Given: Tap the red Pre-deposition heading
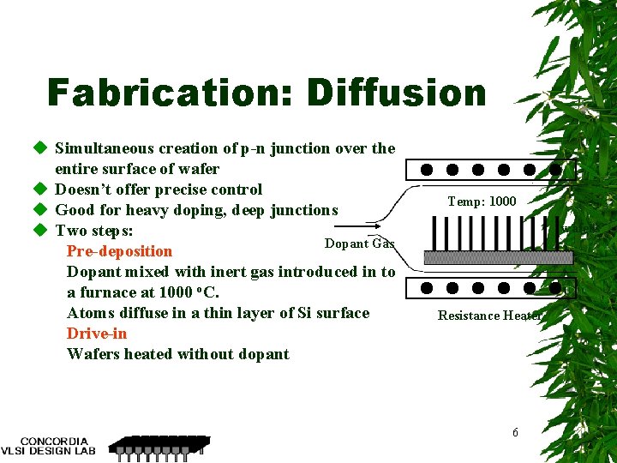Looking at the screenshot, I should tap(119, 251).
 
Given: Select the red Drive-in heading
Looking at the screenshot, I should tap(96, 334).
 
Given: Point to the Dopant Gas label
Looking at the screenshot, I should tap(359, 244).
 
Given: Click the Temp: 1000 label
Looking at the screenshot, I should tap(482, 201).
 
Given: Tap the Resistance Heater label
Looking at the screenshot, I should tap(489, 316).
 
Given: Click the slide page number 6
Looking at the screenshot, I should tap(515, 433).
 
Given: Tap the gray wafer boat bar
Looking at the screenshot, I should tap(498, 257).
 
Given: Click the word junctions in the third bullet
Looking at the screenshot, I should tap(304, 210).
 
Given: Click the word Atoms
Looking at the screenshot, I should tap(89, 313).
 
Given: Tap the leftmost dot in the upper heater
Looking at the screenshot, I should tap(426, 170).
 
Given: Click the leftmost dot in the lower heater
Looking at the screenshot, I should tap(426, 289).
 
